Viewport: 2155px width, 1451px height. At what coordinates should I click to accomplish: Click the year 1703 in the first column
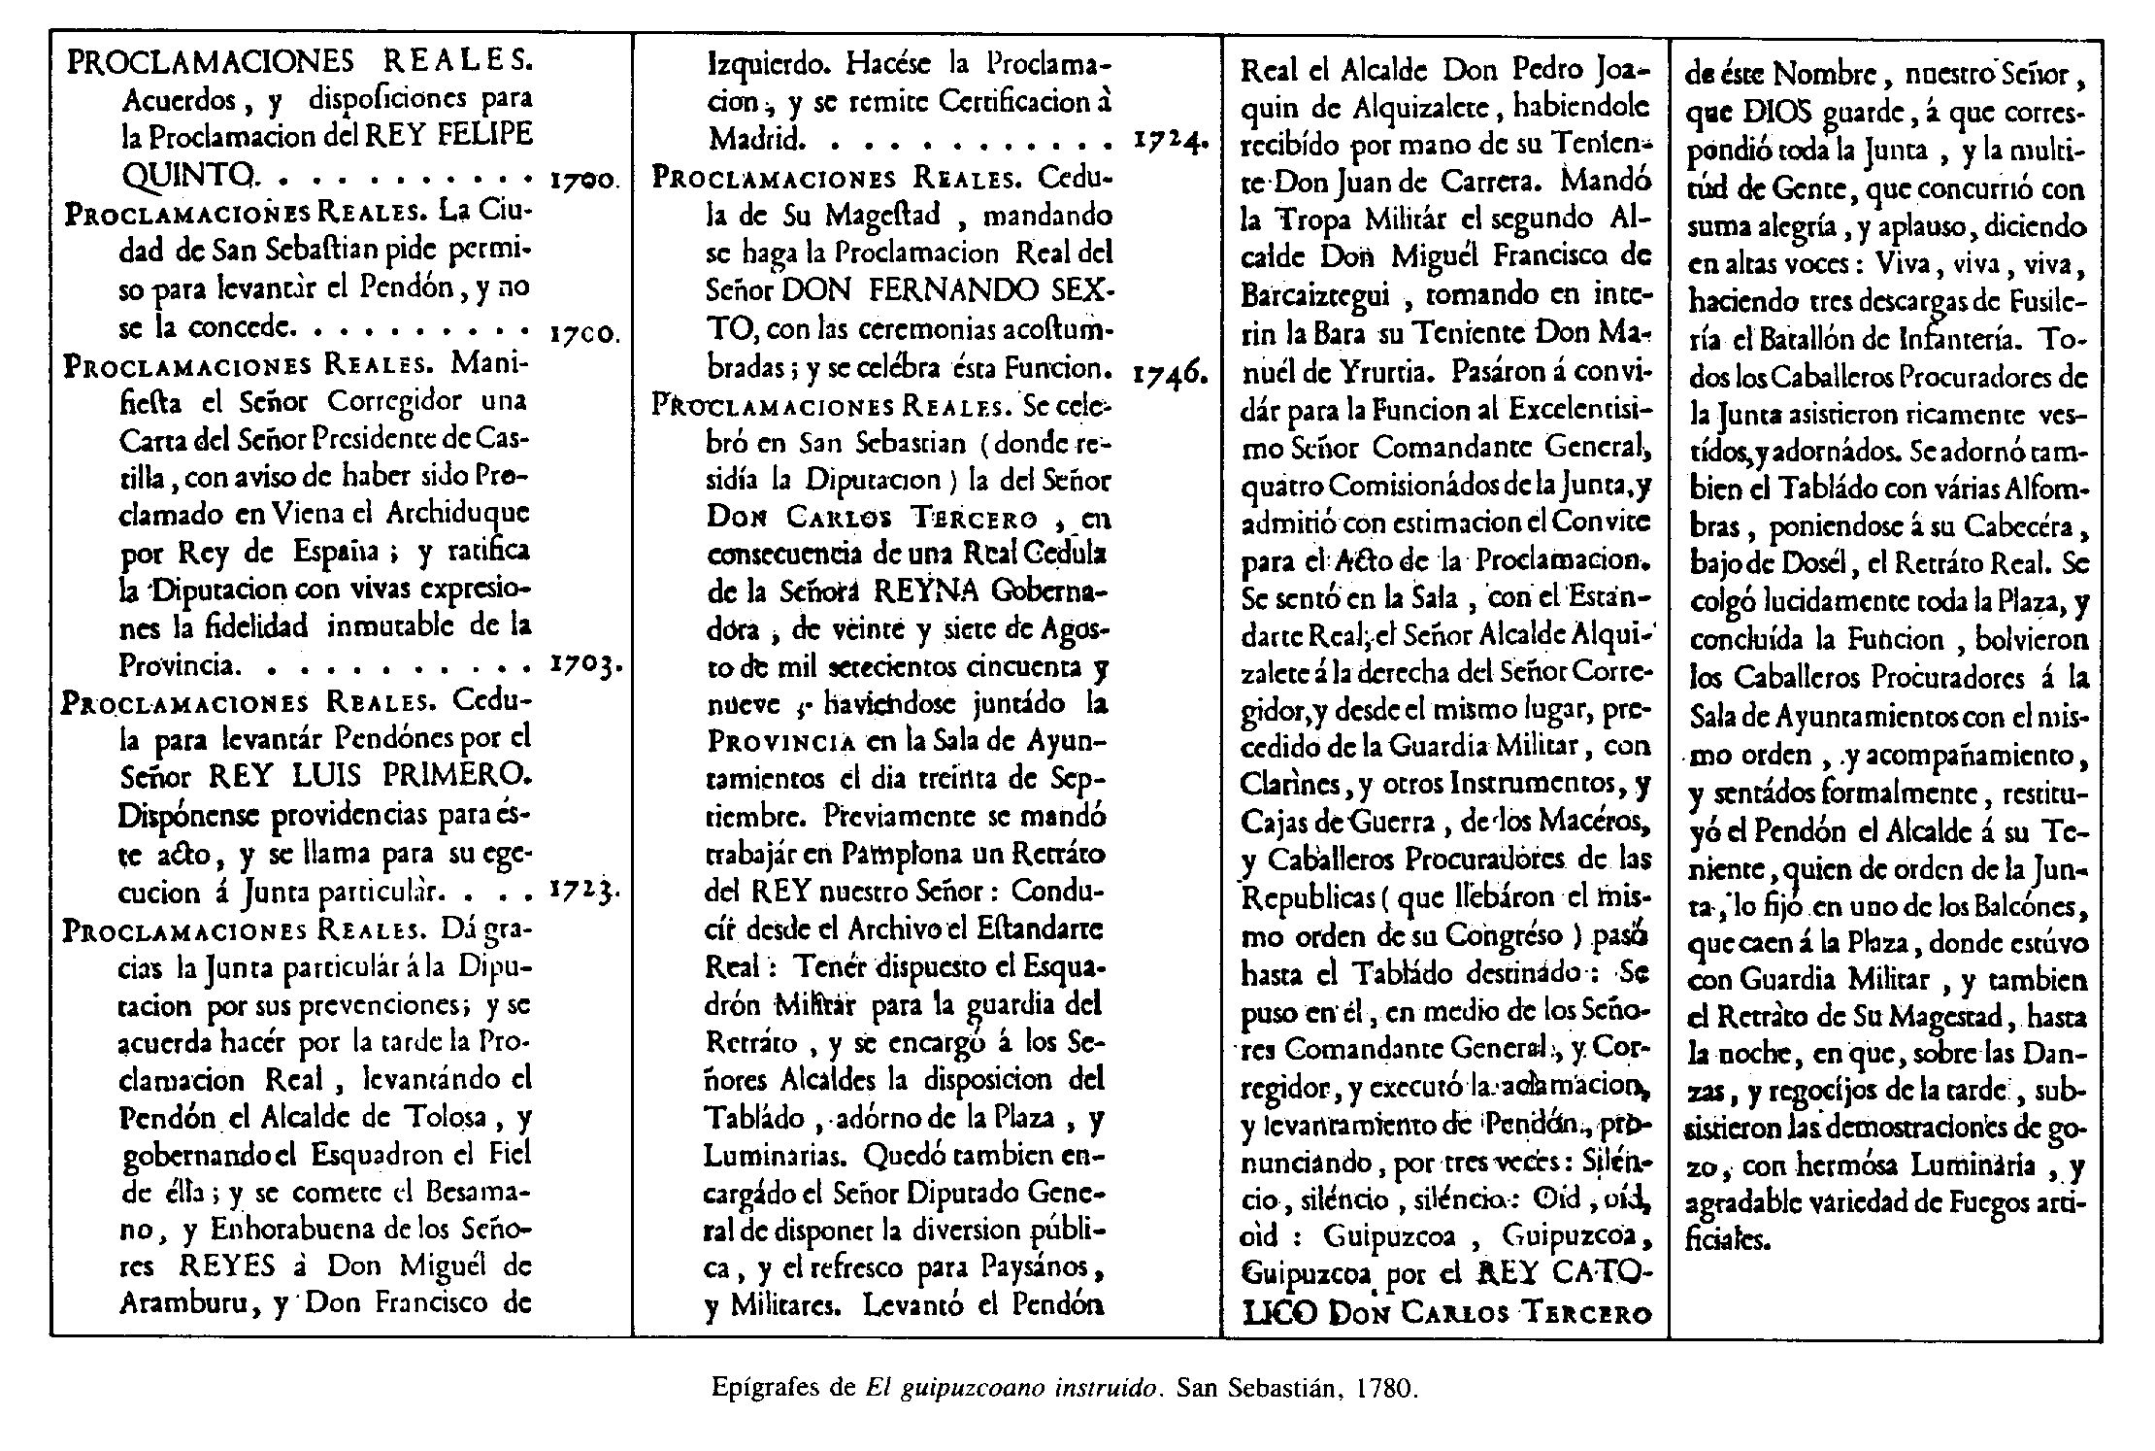pos(584,666)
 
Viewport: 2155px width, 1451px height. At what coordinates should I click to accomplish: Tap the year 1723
pos(584,891)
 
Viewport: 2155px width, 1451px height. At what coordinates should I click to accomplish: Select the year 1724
pos(1170,142)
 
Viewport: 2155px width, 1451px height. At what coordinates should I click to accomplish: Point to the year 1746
pos(1170,372)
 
